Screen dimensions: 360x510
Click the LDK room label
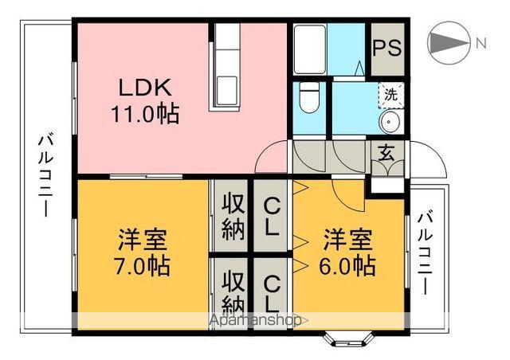click(144, 87)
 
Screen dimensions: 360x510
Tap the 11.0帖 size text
click(144, 113)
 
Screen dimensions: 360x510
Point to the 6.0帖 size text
click(349, 265)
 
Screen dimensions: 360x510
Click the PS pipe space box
click(387, 45)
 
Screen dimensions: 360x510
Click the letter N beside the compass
click(481, 43)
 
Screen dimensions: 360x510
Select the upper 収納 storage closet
click(232, 216)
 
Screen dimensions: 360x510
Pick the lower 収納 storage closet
click(232, 292)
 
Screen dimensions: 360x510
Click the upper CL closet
click(272, 215)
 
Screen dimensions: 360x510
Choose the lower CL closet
click(272, 292)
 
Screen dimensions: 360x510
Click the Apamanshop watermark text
click(255, 321)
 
